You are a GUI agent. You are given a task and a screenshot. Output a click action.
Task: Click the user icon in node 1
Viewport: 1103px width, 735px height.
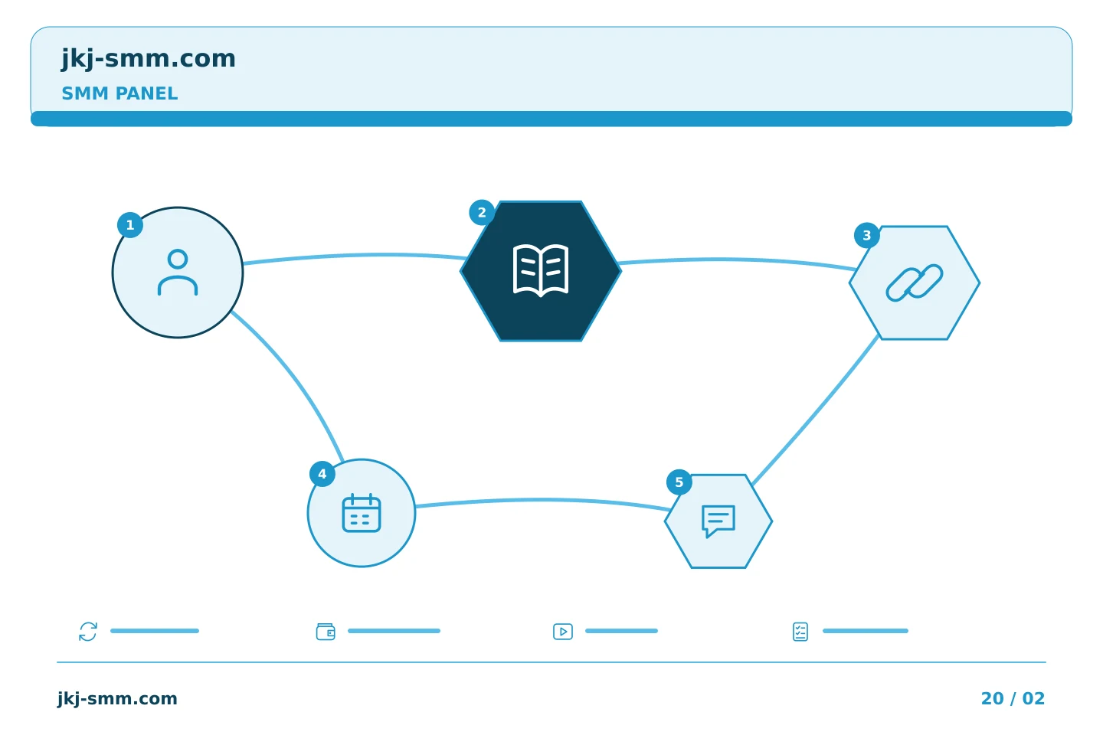[x=178, y=273]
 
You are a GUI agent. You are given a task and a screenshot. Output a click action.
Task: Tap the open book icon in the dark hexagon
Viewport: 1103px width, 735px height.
[x=541, y=270]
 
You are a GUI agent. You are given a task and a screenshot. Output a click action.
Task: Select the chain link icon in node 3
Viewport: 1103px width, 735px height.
[x=915, y=283]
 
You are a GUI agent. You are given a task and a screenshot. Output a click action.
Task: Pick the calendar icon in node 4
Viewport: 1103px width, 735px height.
[x=362, y=513]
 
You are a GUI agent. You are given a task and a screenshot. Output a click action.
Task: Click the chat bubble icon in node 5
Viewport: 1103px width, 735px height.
[x=718, y=521]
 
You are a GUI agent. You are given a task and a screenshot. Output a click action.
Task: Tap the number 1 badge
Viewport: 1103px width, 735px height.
[x=130, y=225]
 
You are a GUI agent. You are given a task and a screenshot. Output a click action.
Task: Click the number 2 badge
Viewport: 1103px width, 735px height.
[x=482, y=213]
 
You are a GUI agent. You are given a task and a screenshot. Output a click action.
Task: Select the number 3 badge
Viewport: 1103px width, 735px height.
[x=867, y=235]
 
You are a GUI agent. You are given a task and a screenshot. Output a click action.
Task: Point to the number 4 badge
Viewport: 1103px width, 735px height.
[x=322, y=474]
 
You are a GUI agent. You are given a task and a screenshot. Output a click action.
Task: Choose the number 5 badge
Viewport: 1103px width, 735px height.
[x=679, y=482]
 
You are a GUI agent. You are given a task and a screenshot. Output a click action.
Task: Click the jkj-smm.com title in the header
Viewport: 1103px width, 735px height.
[x=149, y=59]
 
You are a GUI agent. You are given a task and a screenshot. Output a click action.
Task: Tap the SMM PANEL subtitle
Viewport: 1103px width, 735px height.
[x=119, y=93]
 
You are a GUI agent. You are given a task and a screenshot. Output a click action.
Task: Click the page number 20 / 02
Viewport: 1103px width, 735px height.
[x=1013, y=698]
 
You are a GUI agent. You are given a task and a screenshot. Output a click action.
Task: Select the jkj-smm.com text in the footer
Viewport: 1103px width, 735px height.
[x=117, y=698]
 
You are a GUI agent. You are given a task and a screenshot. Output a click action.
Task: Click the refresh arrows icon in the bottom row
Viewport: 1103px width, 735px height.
[x=88, y=632]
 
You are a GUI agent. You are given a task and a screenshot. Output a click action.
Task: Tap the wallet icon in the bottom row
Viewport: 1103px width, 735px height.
[x=326, y=632]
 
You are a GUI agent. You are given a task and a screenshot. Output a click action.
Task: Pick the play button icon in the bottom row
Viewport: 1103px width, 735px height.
[x=563, y=632]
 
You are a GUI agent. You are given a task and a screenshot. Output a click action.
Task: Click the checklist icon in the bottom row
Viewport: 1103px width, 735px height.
[x=800, y=632]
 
